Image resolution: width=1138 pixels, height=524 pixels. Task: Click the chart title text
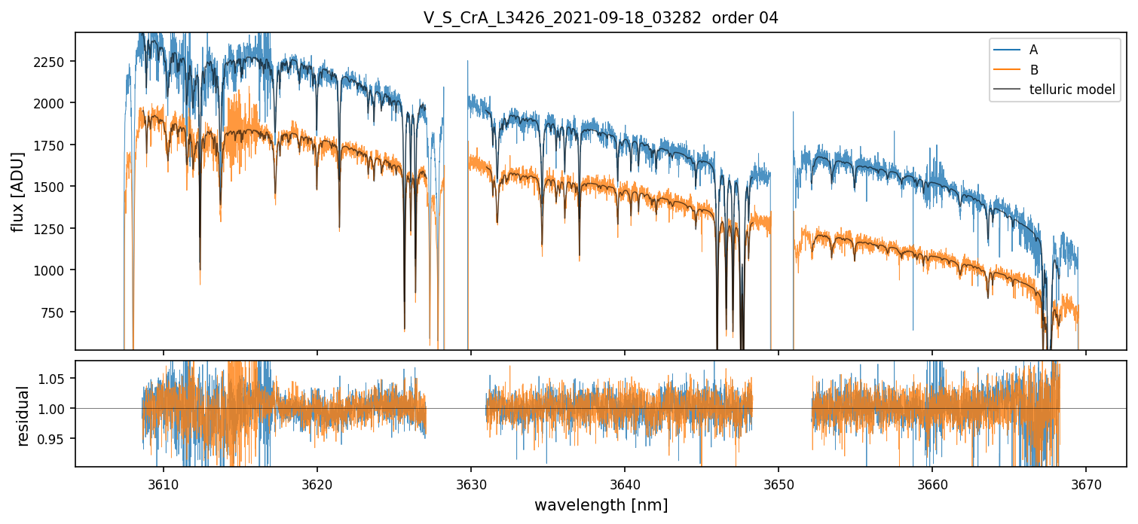tap(601, 18)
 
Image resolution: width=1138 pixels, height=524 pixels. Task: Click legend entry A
tap(1033, 50)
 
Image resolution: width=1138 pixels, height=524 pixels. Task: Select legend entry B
tap(1033, 70)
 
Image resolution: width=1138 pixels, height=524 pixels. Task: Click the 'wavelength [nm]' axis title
tap(601, 504)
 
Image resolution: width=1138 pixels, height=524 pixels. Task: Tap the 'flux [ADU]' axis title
tap(18, 191)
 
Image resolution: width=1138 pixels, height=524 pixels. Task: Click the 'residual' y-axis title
tap(23, 416)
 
